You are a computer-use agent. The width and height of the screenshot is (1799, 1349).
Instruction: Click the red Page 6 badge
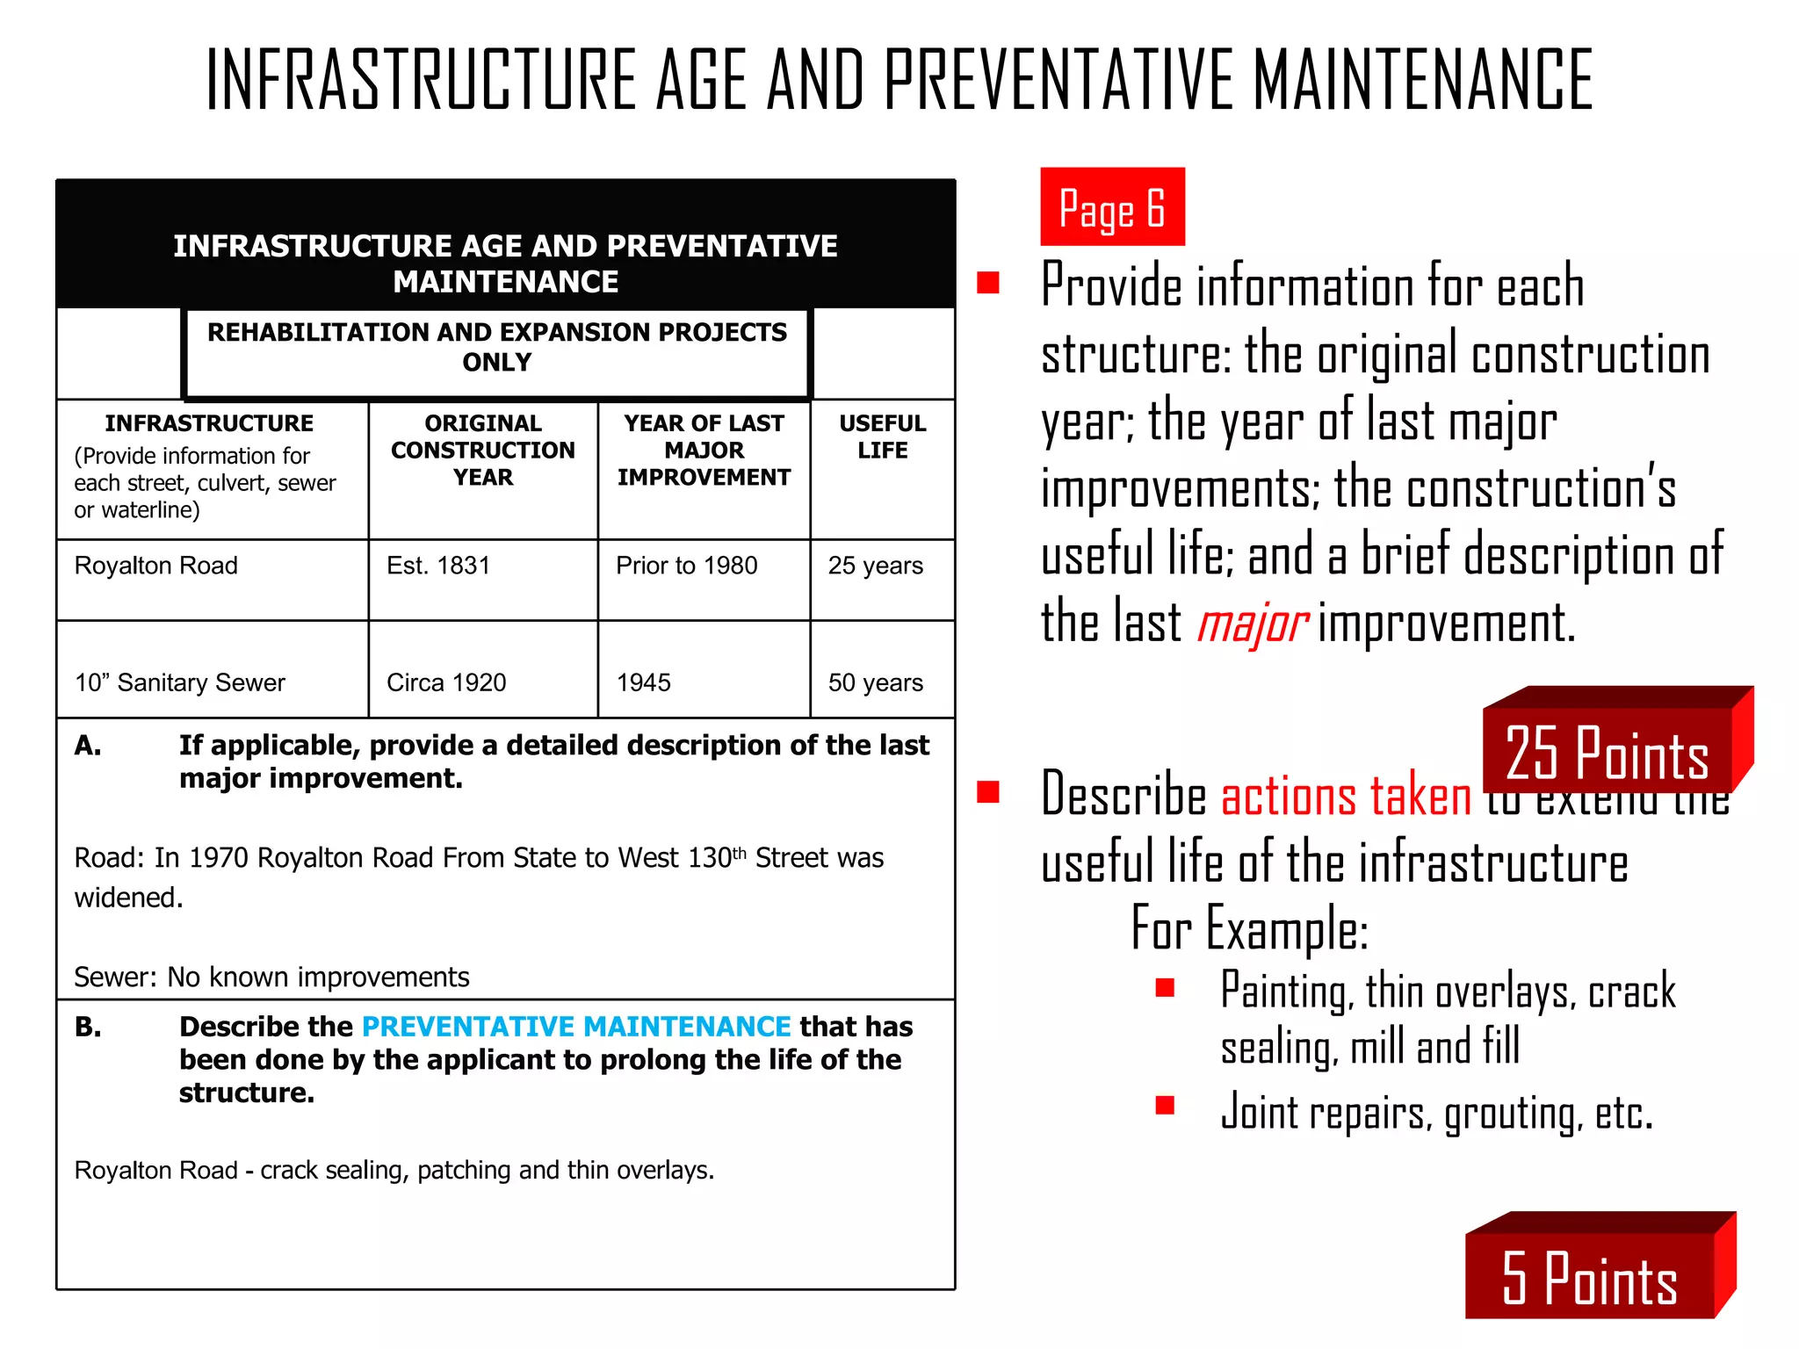[1112, 207]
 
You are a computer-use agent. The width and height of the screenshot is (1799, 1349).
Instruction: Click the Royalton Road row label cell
[156, 566]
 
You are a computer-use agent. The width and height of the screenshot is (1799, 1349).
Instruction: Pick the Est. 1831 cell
[438, 566]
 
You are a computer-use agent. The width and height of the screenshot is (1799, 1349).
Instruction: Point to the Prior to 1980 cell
[687, 566]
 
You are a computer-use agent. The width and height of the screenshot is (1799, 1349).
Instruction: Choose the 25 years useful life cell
[876, 566]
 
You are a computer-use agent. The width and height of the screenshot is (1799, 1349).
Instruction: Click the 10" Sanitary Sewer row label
[180, 682]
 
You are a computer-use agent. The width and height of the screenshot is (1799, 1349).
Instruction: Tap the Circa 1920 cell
[446, 682]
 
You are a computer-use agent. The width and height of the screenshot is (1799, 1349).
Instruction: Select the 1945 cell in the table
[644, 682]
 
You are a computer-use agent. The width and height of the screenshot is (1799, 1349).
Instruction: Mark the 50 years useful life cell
[876, 682]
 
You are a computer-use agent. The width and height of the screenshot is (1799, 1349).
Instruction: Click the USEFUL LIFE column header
[883, 436]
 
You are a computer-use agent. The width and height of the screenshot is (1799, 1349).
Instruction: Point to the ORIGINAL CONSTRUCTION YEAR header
[483, 450]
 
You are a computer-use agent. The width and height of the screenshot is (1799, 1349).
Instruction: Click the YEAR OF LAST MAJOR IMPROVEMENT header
[704, 450]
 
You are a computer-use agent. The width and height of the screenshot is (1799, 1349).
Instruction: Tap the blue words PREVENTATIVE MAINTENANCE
[576, 1027]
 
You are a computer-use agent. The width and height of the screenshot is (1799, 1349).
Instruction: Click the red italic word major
[1253, 624]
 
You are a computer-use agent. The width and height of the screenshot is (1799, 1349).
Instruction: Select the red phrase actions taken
[1346, 796]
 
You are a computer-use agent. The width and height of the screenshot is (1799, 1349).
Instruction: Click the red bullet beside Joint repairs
[1166, 1105]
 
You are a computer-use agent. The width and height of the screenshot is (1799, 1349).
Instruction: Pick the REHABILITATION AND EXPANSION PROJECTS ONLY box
[497, 348]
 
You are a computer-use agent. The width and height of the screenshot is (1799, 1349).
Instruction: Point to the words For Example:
[1250, 928]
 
